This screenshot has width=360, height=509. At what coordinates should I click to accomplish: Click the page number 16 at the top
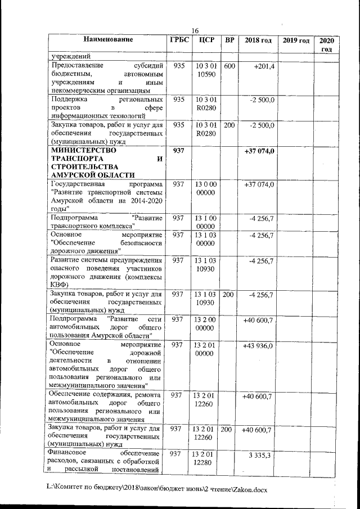point(195,30)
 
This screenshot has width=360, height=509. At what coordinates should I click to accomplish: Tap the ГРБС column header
point(179,40)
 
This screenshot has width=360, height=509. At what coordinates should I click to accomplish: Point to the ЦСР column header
point(203,40)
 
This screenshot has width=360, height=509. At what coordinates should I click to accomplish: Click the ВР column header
point(229,40)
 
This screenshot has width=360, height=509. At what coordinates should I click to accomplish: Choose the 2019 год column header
point(296,40)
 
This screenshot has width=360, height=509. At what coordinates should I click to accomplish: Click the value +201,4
point(263,66)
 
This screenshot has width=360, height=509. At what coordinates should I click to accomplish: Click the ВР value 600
point(229,66)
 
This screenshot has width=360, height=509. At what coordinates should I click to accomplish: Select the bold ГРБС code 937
point(179,152)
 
